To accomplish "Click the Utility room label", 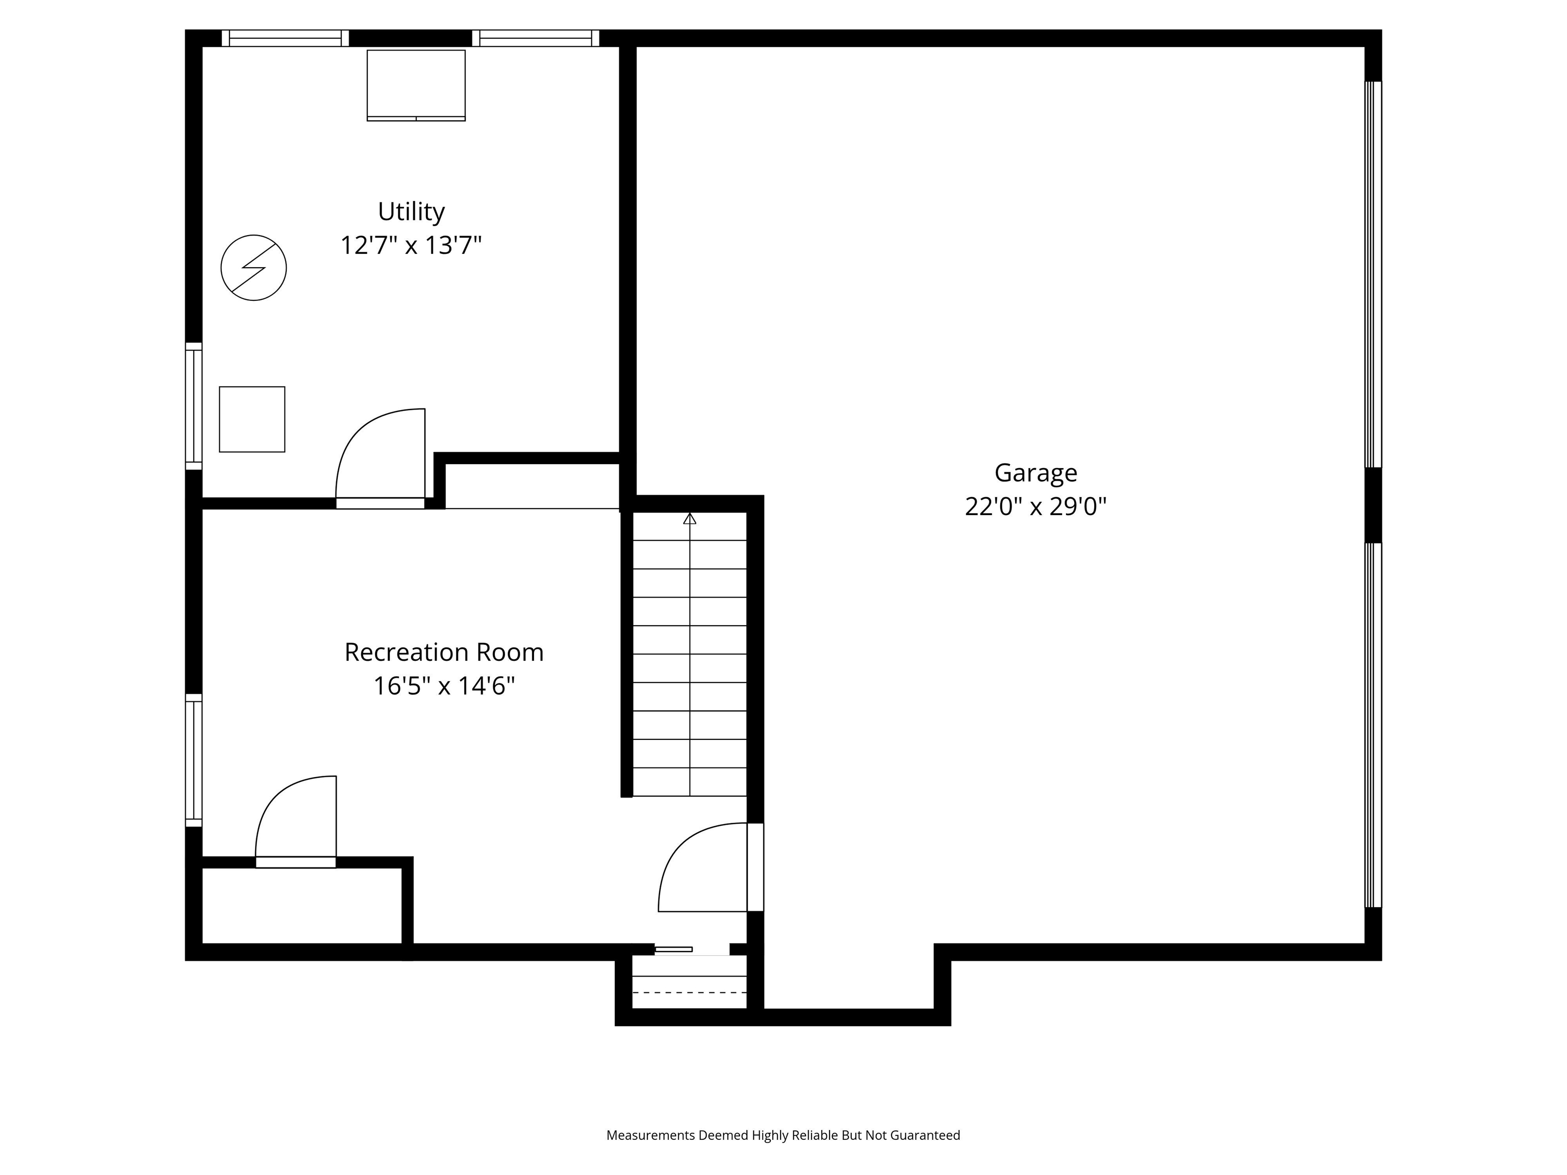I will pyautogui.click(x=411, y=211).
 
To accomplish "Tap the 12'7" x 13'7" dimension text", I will pyautogui.click(x=411, y=246).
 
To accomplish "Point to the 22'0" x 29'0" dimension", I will pyautogui.click(x=1035, y=507).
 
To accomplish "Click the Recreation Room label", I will pyautogui.click(x=443, y=652).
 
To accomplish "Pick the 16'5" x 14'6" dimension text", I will pyautogui.click(x=443, y=686).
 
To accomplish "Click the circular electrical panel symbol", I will pyautogui.click(x=254, y=268).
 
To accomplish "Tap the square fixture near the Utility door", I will pyautogui.click(x=252, y=419).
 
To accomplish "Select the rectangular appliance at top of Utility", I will pyautogui.click(x=416, y=85).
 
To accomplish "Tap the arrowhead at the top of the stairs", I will pyautogui.click(x=689, y=519).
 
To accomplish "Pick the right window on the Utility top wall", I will pyautogui.click(x=536, y=38).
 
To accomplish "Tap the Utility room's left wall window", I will pyautogui.click(x=193, y=406).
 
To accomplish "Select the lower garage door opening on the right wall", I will pyautogui.click(x=1373, y=725).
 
